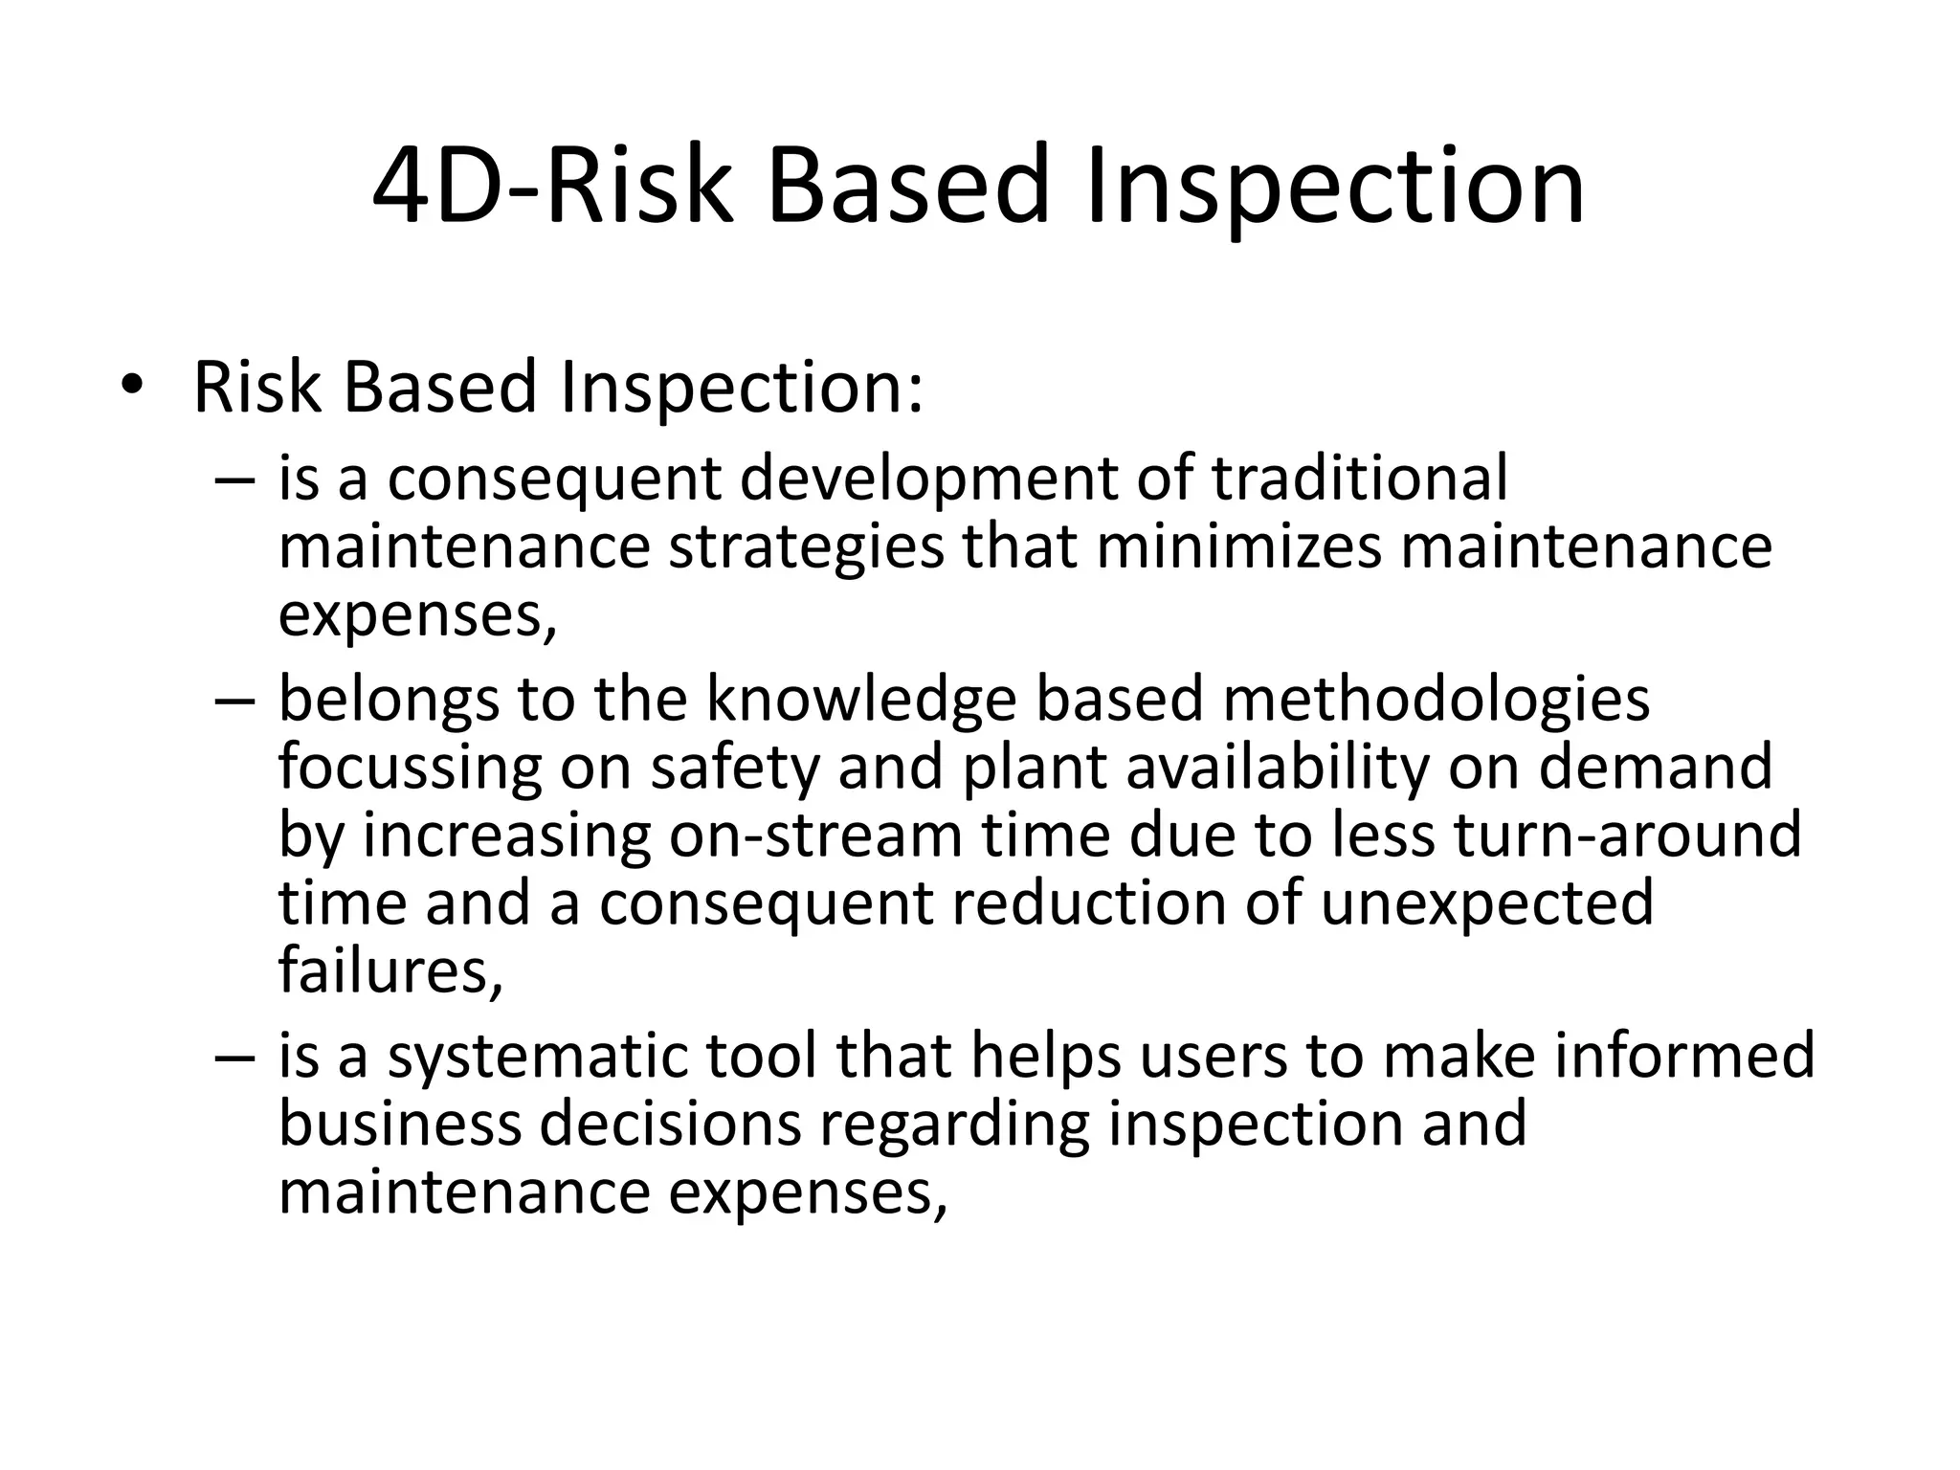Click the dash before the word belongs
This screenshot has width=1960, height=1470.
(235, 701)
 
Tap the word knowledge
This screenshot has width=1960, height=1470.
(860, 700)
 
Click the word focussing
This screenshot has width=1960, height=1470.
(410, 768)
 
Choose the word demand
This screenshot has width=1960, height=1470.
(1655, 767)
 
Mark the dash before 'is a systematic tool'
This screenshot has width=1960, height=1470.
(235, 1057)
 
